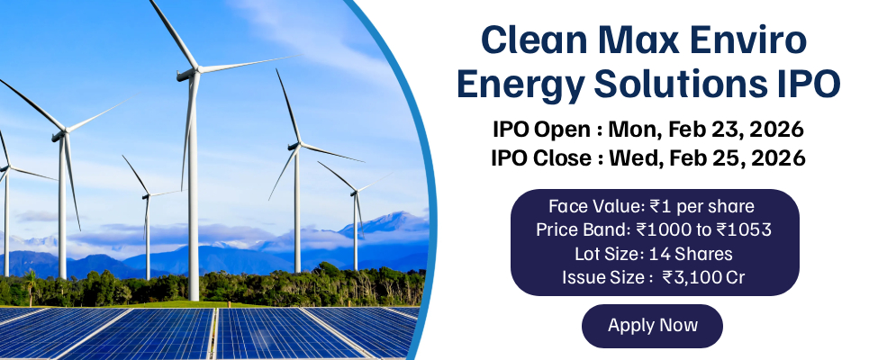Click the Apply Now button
point(652,326)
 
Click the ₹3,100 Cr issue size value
point(703,277)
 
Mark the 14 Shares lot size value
point(691,254)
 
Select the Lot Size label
point(610,254)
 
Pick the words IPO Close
point(542,159)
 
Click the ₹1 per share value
point(702,207)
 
